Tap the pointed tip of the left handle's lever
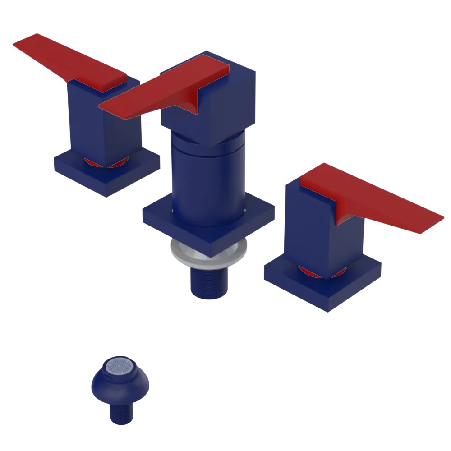point(18,43)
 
